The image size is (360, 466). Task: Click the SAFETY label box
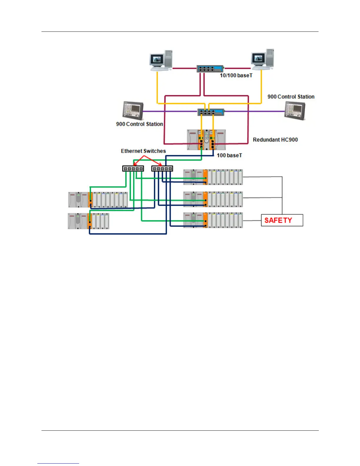[x=282, y=220]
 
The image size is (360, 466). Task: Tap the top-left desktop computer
[x=161, y=60]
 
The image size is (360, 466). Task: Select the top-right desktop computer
[x=262, y=59]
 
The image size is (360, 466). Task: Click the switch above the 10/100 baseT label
[x=210, y=69]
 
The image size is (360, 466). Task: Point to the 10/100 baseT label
[x=236, y=76]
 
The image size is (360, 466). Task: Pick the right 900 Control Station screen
[x=295, y=110]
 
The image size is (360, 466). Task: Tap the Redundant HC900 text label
[x=275, y=140]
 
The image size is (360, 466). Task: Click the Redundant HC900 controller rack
[x=206, y=140]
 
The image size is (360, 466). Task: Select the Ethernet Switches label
[x=143, y=151]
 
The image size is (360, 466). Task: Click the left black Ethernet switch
[x=133, y=169]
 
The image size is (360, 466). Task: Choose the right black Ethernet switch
[x=162, y=169]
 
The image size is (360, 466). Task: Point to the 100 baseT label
[x=229, y=155]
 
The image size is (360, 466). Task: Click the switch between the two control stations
[x=211, y=112]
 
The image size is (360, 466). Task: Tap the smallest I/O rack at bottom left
[x=88, y=221]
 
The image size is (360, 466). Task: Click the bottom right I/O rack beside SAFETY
[x=213, y=220]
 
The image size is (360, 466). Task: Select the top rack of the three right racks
[x=213, y=177]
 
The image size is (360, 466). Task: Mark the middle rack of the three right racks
[x=213, y=199]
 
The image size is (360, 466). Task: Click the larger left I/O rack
[x=98, y=200]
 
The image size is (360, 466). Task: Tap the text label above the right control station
[x=291, y=97]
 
